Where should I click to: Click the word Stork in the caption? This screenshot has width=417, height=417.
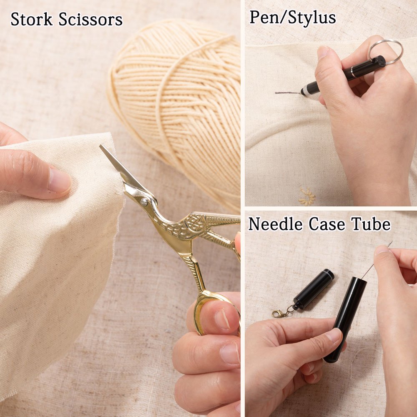pyautogui.click(x=31, y=19)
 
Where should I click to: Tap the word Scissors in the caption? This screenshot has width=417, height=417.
pyautogui.click(x=90, y=19)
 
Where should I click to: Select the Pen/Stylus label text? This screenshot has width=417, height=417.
pyautogui.click(x=293, y=18)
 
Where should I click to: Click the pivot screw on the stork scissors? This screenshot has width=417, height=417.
pyautogui.click(x=144, y=201)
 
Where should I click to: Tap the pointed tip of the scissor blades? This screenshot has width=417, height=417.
pyautogui.click(x=101, y=146)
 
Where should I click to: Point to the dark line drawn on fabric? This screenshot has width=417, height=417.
pyautogui.click(x=288, y=93)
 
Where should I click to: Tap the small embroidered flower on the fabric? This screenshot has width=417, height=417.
pyautogui.click(x=306, y=197)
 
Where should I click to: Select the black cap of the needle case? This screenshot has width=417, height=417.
pyautogui.click(x=314, y=290)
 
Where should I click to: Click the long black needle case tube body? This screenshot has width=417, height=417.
pyautogui.click(x=345, y=319)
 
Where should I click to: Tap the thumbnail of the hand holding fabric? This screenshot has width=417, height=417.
pyautogui.click(x=59, y=180)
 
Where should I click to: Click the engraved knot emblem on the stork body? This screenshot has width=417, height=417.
pyautogui.click(x=191, y=223)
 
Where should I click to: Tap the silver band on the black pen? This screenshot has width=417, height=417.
pyautogui.click(x=353, y=71)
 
